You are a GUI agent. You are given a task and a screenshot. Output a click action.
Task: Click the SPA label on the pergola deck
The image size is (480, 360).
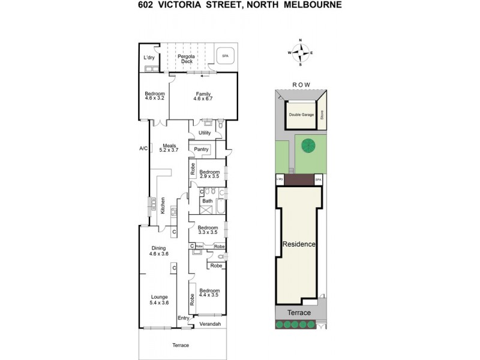click(225, 56)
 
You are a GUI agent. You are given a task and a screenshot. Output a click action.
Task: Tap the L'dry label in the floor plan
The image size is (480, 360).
click(149, 58)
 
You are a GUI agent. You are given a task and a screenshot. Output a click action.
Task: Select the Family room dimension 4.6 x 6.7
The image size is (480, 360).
click(203, 98)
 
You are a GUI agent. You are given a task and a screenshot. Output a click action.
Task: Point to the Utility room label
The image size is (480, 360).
click(205, 133)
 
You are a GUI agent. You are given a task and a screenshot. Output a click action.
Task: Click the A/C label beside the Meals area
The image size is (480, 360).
click(143, 148)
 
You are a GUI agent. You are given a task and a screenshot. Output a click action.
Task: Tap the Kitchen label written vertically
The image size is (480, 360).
click(162, 205)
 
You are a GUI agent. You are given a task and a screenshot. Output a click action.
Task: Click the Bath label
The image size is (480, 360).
click(207, 201)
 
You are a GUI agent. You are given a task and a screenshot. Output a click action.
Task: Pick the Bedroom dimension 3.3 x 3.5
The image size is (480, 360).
click(208, 232)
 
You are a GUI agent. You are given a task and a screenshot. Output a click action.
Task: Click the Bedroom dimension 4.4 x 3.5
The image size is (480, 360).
click(209, 295)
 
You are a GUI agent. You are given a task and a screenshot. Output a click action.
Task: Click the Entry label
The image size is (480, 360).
click(183, 318)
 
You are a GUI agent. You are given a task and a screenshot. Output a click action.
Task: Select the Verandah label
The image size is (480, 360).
click(210, 325)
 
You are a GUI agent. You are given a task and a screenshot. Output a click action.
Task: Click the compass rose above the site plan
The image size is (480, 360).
click(300, 53)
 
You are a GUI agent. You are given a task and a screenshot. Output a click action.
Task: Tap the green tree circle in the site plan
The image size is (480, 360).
click(308, 146)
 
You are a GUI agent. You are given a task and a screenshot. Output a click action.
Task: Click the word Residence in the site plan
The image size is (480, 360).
click(299, 245)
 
